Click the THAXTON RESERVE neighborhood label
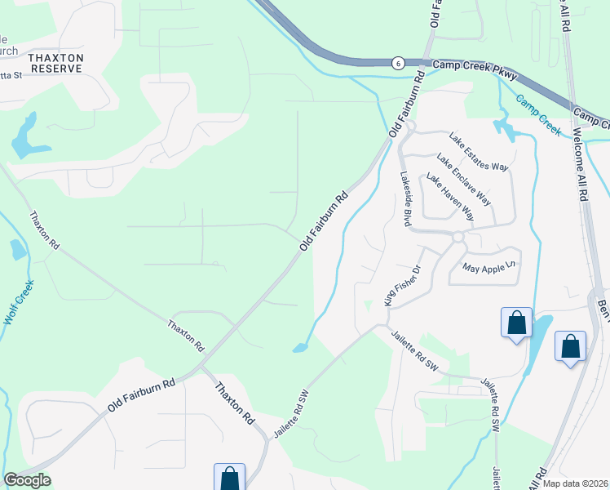point(55,64)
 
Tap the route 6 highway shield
point(397,62)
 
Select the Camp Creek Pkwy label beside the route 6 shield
point(462,65)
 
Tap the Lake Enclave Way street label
point(463,179)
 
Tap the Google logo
point(27,480)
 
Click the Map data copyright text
point(576,483)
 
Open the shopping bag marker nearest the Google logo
point(229,478)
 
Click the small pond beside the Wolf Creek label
point(18,249)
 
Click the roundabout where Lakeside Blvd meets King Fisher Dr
point(458,237)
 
